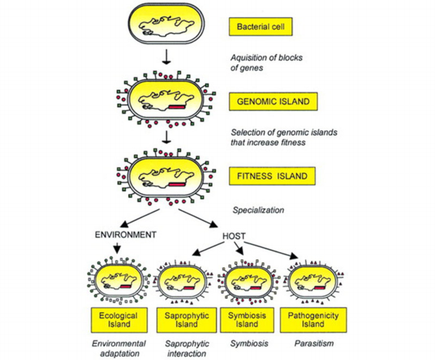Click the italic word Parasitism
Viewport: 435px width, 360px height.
(x=311, y=343)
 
